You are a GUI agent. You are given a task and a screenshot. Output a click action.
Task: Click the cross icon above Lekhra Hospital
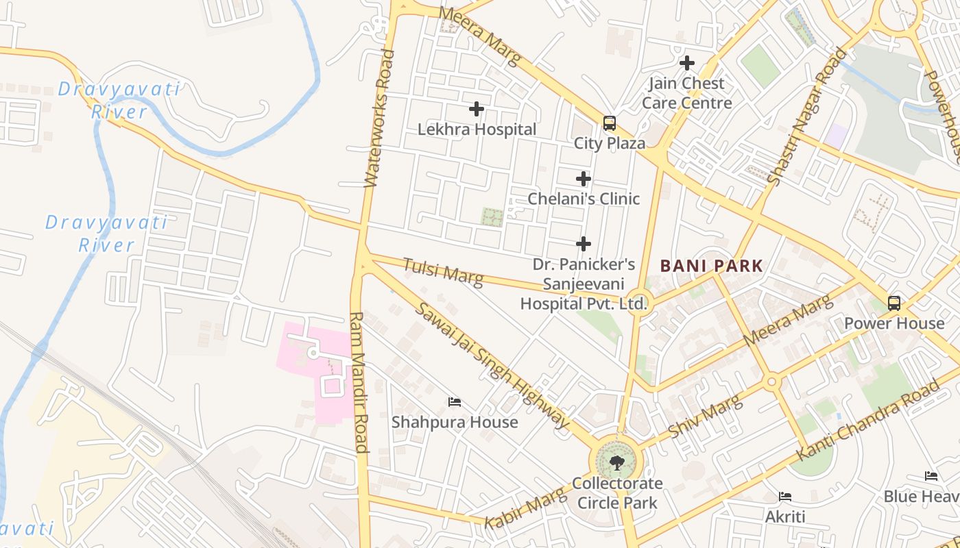tap(477, 109)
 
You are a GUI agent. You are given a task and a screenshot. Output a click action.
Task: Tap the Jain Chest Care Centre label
tap(686, 93)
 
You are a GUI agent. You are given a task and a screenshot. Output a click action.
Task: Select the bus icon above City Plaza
tap(609, 123)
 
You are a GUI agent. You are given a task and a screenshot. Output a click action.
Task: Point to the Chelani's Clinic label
tap(584, 199)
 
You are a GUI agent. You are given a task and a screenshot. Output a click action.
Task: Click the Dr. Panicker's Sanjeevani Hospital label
tap(584, 284)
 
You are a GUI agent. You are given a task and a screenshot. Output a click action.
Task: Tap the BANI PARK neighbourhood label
tap(711, 266)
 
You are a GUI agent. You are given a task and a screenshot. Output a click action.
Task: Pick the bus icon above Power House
tap(893, 303)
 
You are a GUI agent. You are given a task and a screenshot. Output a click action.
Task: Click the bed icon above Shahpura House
tap(454, 402)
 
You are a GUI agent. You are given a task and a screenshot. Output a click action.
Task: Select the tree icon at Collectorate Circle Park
tap(616, 463)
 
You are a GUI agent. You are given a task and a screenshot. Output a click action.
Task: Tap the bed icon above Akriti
tap(785, 496)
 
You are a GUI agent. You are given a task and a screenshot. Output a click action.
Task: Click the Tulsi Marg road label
tap(442, 271)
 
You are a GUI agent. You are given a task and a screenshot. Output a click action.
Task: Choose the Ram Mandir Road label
tap(359, 382)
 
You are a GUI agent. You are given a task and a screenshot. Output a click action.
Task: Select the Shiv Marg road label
tap(706, 416)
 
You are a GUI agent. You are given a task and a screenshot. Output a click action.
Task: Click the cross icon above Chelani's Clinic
tap(584, 179)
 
